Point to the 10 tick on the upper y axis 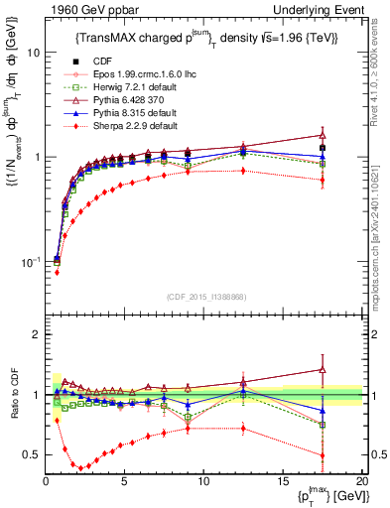32,53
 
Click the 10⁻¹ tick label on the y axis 29,261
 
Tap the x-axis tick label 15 282,481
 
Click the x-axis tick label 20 360,481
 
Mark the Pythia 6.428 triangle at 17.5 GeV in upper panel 322,135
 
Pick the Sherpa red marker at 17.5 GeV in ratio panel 322,455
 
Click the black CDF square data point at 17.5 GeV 322,148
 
